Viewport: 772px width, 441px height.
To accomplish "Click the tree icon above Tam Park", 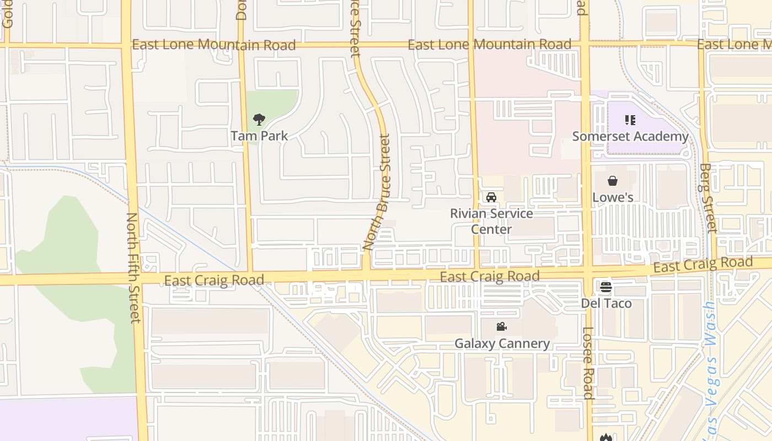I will click(259, 119).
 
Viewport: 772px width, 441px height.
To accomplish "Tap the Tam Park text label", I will click(259, 136).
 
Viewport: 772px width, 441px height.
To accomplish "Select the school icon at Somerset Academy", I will click(630, 120).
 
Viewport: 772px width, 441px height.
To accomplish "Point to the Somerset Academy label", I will click(630, 136).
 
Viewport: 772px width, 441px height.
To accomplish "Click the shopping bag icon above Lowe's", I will click(613, 181).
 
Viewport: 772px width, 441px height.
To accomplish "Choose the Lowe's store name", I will click(613, 197).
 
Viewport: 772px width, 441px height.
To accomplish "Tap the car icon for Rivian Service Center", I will click(491, 197).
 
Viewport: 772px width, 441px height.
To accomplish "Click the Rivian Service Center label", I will click(491, 221).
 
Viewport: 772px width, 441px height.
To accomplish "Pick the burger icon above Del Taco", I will click(606, 287).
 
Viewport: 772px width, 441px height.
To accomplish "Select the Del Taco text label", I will click(606, 303).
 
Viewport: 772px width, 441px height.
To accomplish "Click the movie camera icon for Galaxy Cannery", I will click(501, 327).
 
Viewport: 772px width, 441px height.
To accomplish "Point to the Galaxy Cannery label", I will click(502, 343).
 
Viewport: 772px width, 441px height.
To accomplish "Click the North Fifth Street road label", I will click(134, 267).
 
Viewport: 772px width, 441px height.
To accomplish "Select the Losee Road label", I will click(588, 363).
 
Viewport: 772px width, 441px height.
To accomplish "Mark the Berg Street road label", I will click(707, 198).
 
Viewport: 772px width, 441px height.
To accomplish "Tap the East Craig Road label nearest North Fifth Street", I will click(214, 281).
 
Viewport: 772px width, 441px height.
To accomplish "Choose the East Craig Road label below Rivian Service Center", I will click(490, 276).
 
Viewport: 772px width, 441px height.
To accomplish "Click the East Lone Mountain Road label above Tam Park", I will click(214, 45).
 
